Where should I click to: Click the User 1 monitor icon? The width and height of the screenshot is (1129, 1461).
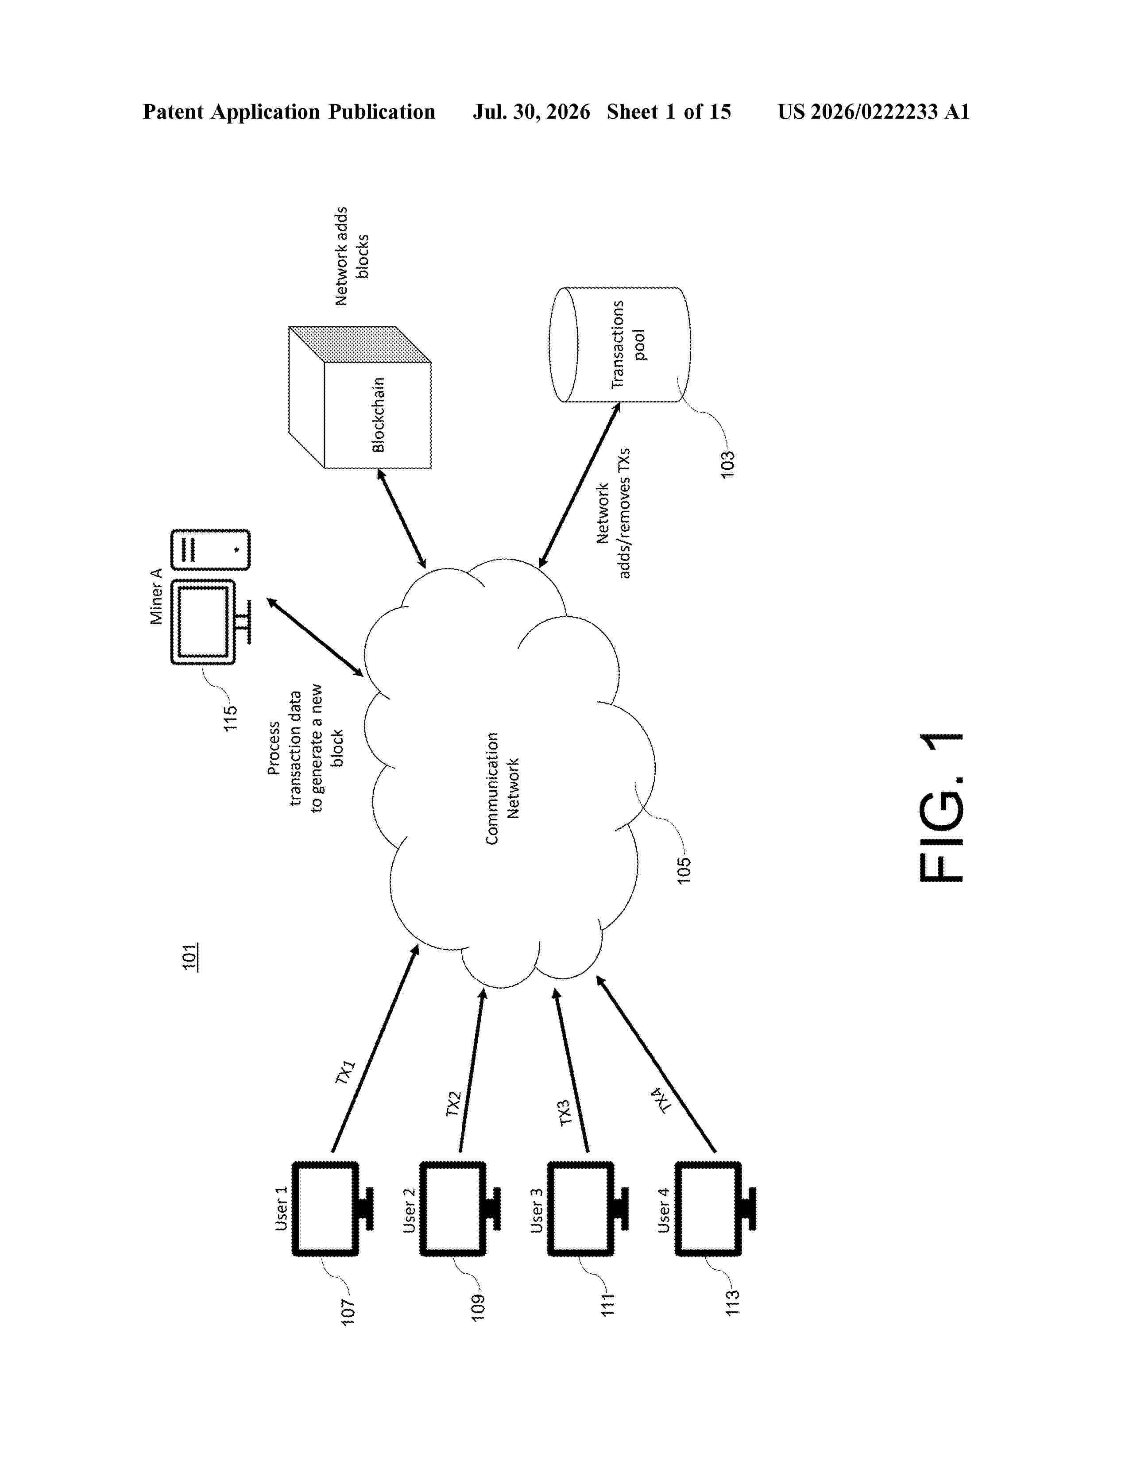(333, 1209)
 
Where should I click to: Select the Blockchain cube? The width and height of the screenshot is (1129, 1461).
(360, 398)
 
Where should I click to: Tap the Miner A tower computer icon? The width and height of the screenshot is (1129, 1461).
(211, 550)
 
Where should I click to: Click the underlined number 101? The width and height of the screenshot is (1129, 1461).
(190, 957)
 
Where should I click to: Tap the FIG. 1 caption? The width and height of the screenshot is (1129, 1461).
(942, 808)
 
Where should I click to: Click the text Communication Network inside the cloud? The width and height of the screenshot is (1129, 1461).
(502, 788)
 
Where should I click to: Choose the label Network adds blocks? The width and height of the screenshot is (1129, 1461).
(352, 256)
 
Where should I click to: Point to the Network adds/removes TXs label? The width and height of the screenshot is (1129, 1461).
(613, 514)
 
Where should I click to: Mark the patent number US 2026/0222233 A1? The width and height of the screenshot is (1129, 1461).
(874, 112)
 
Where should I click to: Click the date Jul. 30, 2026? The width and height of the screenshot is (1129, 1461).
(532, 112)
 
